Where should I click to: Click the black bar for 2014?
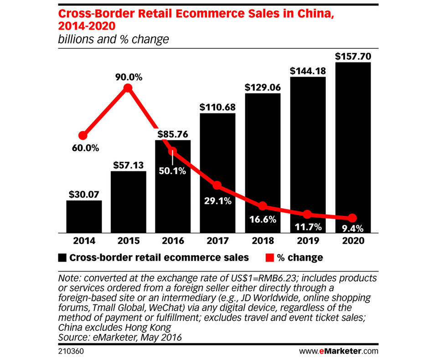click(x=84, y=216)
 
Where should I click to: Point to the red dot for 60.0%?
click(x=83, y=136)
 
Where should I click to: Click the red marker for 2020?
click(x=352, y=218)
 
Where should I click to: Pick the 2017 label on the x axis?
click(x=218, y=241)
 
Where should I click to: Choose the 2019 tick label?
click(x=308, y=241)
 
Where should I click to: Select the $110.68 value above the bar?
click(x=218, y=107)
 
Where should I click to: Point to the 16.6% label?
click(x=263, y=220)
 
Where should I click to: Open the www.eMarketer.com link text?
click(x=339, y=351)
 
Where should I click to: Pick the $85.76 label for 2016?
click(x=173, y=135)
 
